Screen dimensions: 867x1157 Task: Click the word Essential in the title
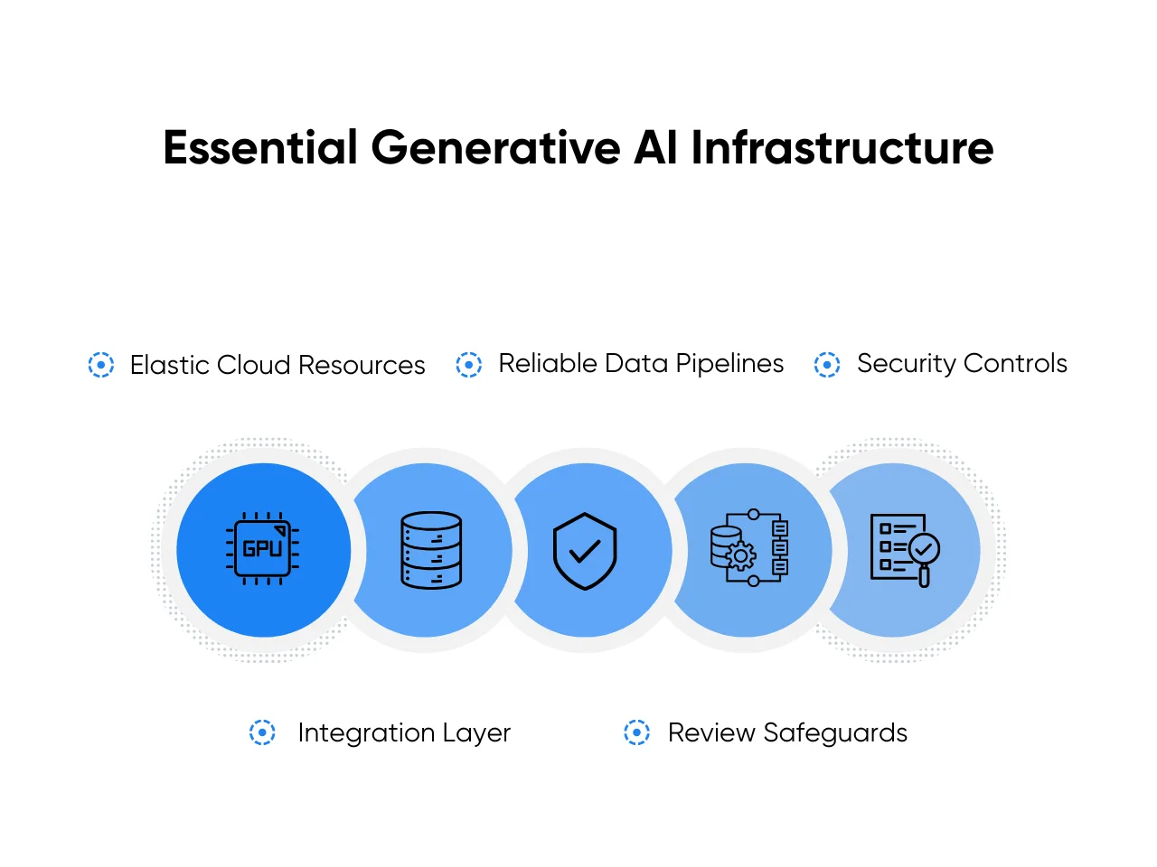260,148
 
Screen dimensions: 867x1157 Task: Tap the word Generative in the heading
495,148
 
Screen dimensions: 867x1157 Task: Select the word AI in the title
655,148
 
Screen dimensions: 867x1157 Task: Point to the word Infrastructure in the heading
842,148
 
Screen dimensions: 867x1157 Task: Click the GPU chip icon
263,548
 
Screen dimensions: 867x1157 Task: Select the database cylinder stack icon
431,550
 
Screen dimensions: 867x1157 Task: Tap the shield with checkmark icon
585,551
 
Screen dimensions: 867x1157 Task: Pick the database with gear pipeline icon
749,549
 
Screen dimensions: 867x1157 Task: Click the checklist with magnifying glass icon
904,549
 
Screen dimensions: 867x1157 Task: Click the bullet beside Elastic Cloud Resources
101,365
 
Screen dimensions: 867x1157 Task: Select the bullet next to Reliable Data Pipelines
468,365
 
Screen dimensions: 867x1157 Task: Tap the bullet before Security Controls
827,365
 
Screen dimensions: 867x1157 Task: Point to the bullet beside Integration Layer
262,732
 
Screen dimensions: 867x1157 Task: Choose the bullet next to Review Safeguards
636,732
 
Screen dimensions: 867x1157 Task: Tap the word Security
906,364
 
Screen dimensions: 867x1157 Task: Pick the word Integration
366,732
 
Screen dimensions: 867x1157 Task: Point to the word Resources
362,365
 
